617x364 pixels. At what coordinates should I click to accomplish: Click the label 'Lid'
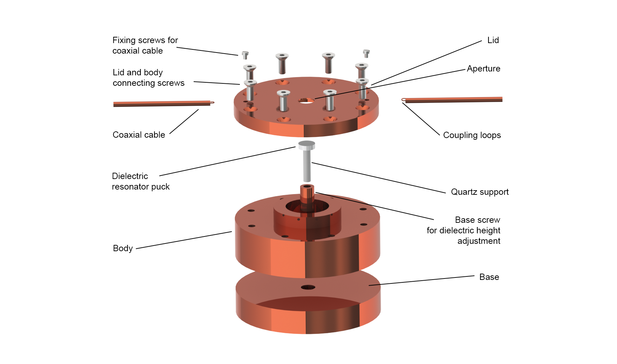493,40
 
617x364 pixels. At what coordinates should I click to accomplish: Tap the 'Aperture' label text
483,69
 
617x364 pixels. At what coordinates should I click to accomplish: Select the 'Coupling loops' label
472,135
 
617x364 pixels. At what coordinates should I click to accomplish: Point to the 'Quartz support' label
479,192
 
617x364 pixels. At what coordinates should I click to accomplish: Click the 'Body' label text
123,248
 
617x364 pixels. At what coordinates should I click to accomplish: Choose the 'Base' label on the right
489,277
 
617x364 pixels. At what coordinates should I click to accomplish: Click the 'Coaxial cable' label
139,135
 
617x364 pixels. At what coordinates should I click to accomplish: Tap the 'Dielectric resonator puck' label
140,181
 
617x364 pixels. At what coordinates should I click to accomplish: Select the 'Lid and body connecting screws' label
148,78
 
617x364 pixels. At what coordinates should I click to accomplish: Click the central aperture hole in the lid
306,101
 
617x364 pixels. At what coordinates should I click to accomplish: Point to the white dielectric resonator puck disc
306,145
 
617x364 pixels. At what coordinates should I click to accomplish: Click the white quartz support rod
307,166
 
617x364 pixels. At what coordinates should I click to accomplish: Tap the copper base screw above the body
307,192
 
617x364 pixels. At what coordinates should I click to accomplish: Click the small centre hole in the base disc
308,288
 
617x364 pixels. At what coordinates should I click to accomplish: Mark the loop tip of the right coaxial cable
403,100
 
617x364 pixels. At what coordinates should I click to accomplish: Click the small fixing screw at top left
245,55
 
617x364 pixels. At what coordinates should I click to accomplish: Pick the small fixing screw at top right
366,53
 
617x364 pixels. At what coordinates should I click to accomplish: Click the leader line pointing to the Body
184,240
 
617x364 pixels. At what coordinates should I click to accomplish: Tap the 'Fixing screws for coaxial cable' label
145,46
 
